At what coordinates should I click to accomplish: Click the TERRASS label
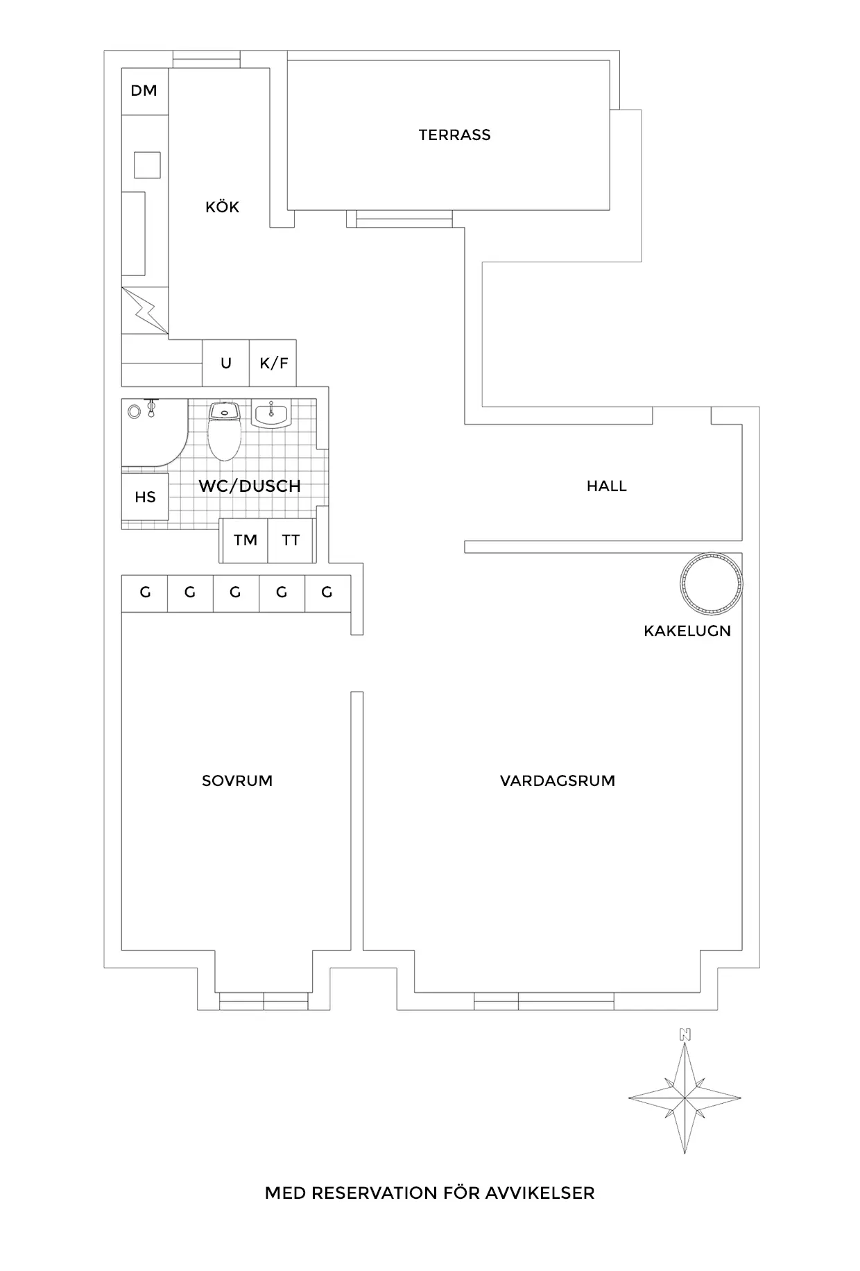[454, 135]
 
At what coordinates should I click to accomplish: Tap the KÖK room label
[222, 206]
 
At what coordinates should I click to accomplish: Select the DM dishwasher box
[145, 91]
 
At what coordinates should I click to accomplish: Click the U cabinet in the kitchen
[226, 363]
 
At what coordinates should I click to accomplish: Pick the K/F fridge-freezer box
[273, 363]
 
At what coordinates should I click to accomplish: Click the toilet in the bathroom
[224, 432]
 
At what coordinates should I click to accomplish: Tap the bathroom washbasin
[271, 414]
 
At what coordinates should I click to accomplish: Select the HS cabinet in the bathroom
[145, 497]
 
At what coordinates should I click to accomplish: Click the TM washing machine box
[245, 540]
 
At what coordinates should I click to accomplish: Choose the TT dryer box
[291, 540]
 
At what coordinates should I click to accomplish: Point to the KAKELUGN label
[687, 631]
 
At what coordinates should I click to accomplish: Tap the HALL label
[607, 486]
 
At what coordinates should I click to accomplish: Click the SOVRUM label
[237, 780]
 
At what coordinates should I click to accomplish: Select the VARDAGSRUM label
[558, 780]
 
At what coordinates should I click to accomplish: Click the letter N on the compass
[685, 1034]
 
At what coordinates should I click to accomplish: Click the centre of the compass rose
[685, 1098]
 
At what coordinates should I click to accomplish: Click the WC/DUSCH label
[250, 486]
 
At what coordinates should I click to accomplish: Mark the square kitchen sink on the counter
[147, 165]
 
